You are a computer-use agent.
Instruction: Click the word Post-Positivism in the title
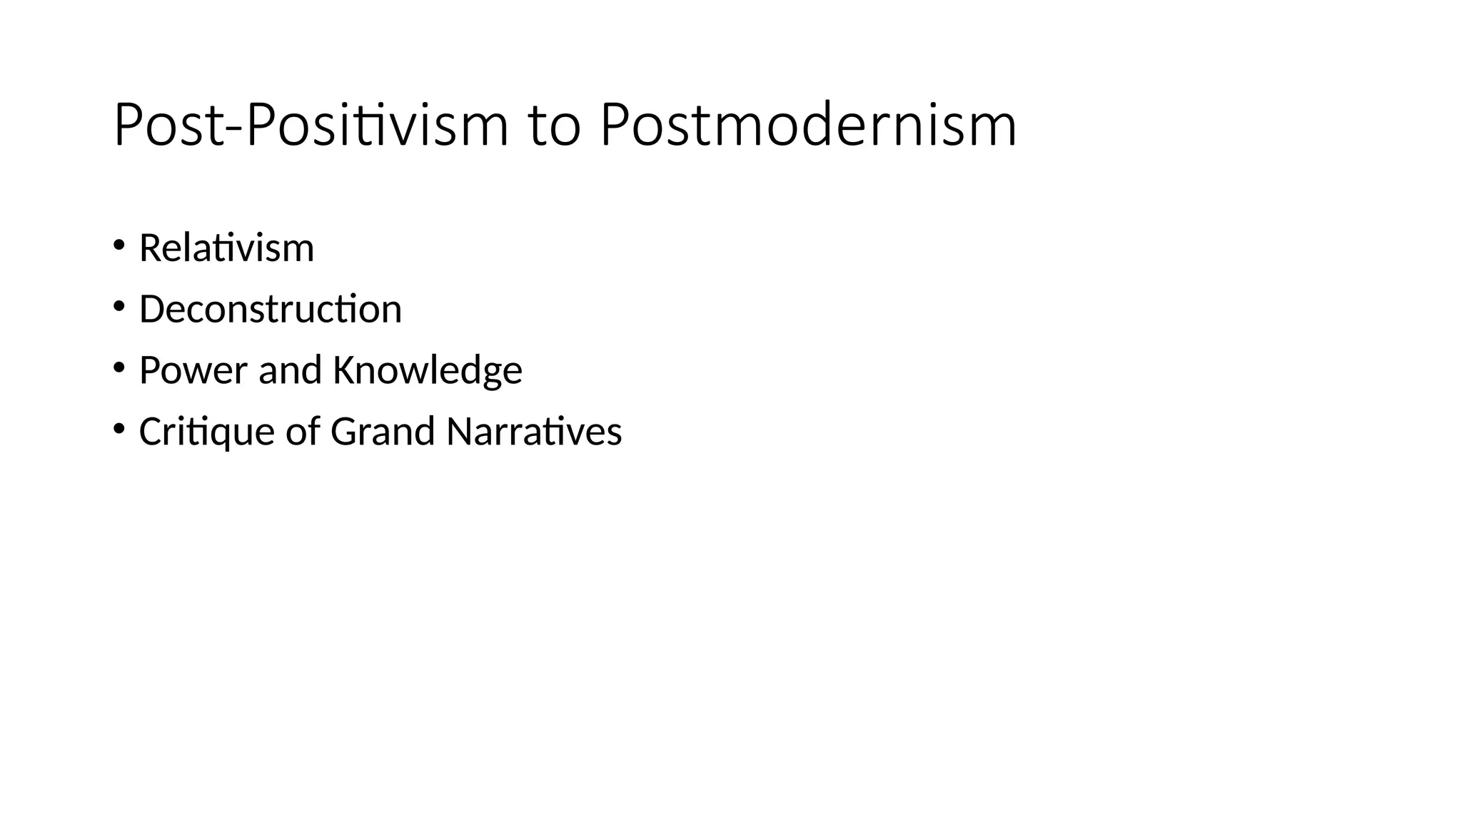(x=311, y=126)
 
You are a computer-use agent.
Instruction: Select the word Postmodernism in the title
(x=808, y=126)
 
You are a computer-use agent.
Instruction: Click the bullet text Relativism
(x=226, y=248)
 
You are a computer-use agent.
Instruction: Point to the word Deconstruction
(x=270, y=310)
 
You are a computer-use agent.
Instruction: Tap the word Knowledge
(x=427, y=370)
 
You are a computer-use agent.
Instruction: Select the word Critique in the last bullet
(x=206, y=432)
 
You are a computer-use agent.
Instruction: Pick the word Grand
(x=383, y=432)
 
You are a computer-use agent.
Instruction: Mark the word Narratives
(x=534, y=432)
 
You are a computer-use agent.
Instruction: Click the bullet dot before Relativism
(x=119, y=245)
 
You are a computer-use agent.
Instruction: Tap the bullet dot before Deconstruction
(x=119, y=307)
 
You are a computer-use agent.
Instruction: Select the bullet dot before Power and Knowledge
(x=119, y=367)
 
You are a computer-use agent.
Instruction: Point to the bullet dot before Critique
(x=119, y=429)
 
